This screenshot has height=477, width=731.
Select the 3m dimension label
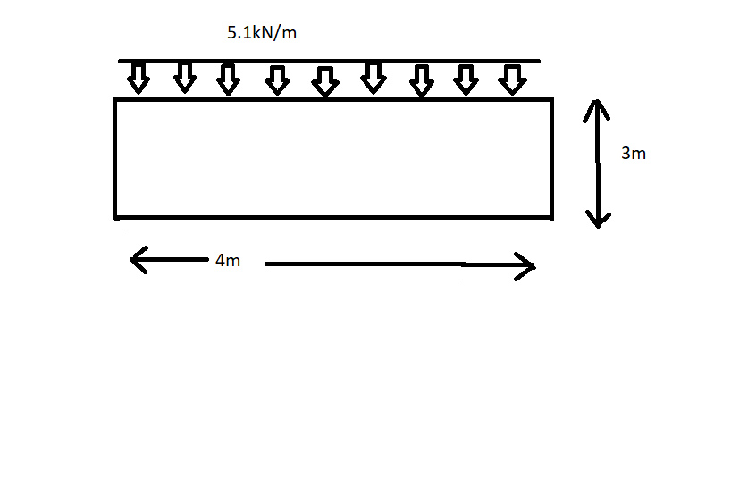pos(634,154)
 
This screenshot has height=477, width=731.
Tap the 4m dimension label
pos(228,261)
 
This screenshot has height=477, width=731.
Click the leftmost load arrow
pos(138,79)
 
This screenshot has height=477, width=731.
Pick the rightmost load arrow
pos(510,79)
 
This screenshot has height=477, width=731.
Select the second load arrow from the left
pos(184,79)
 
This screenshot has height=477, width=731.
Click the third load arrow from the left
pos(229,79)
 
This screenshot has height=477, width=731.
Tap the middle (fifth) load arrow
pos(325,80)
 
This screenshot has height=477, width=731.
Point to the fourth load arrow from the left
pos(278,79)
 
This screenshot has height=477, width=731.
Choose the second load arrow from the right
pos(465,79)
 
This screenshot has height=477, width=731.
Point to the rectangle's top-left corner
pos(116,100)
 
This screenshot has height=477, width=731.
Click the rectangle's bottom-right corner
pos(550,215)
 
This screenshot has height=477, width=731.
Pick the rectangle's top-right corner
pos(550,100)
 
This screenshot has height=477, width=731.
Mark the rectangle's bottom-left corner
pos(116,215)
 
